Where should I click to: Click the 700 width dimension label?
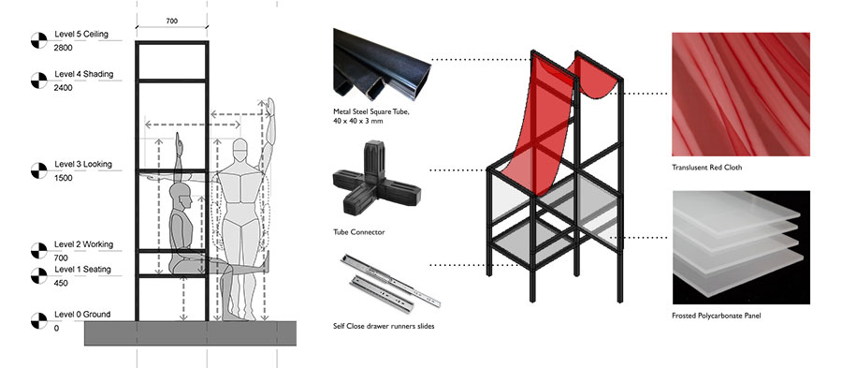pyautogui.click(x=171, y=22)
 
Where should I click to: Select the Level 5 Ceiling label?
pyautogui.click(x=81, y=35)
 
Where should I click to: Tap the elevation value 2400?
pyautogui.click(x=64, y=88)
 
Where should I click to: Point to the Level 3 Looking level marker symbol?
pyautogui.click(x=39, y=170)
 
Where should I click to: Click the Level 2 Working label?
pyautogui.click(x=84, y=244)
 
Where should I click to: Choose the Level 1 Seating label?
pyautogui.click(x=82, y=269)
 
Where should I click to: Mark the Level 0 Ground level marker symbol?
pyautogui.click(x=39, y=321)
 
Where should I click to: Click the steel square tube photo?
pyautogui.click(x=383, y=65)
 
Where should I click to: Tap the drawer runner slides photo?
pyautogui.click(x=390, y=284)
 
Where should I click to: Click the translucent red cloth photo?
pyautogui.click(x=741, y=95)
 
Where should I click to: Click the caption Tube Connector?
pyautogui.click(x=359, y=232)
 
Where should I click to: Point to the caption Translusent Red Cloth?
pyautogui.click(x=706, y=168)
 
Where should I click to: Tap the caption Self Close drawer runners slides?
pyautogui.click(x=384, y=326)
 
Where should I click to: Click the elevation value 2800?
pyautogui.click(x=64, y=48)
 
